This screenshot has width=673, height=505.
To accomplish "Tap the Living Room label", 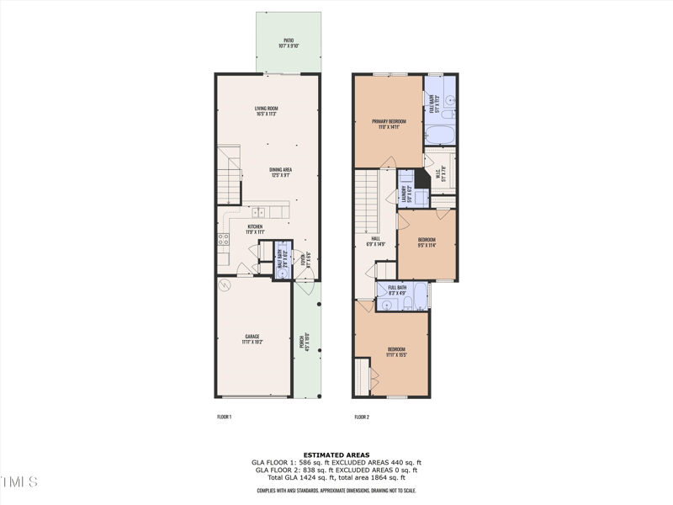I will coord(267,110).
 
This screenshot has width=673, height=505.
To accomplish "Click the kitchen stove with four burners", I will coord(224,239).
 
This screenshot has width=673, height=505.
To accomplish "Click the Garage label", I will coord(252,338).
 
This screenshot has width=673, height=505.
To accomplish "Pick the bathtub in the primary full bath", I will coord(438,135).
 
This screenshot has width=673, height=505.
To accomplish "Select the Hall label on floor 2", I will coord(376,242).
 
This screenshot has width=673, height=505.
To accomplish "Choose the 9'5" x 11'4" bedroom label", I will coord(427,242).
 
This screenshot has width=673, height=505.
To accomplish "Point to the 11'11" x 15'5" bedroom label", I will coord(397,352).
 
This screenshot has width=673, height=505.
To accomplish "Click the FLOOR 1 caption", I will coord(224,417).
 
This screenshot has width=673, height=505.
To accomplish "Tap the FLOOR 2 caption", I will coord(362,417).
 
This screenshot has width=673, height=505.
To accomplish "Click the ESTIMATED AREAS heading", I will coord(336,454).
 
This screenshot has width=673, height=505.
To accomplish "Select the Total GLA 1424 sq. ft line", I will coord(336,477).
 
